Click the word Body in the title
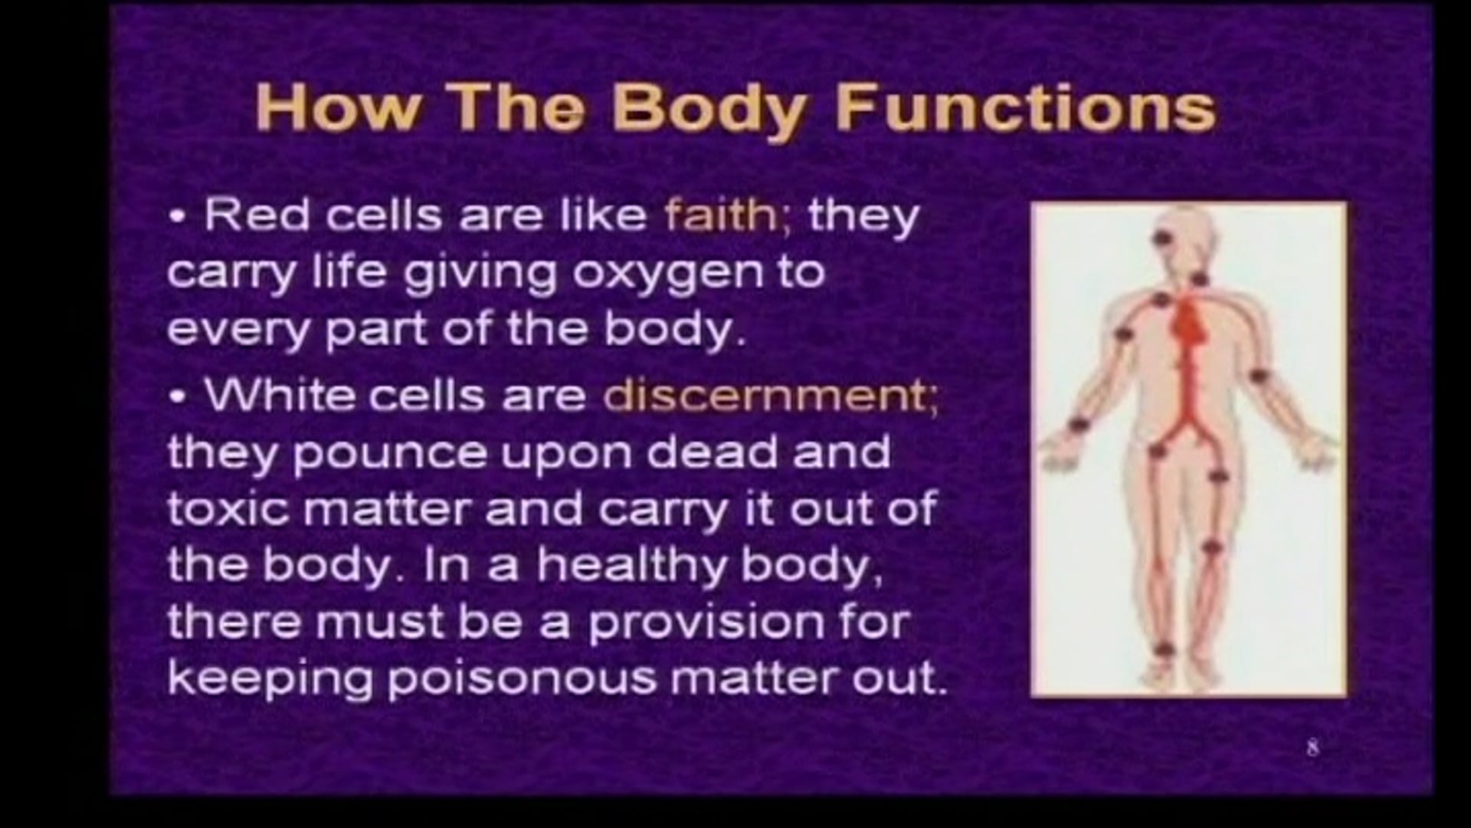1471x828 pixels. (x=709, y=108)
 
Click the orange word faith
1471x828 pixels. (x=720, y=215)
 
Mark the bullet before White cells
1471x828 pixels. (x=179, y=398)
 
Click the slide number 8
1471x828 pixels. (x=1312, y=747)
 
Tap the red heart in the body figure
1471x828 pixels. (x=1190, y=321)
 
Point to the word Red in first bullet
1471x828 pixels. (x=256, y=216)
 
